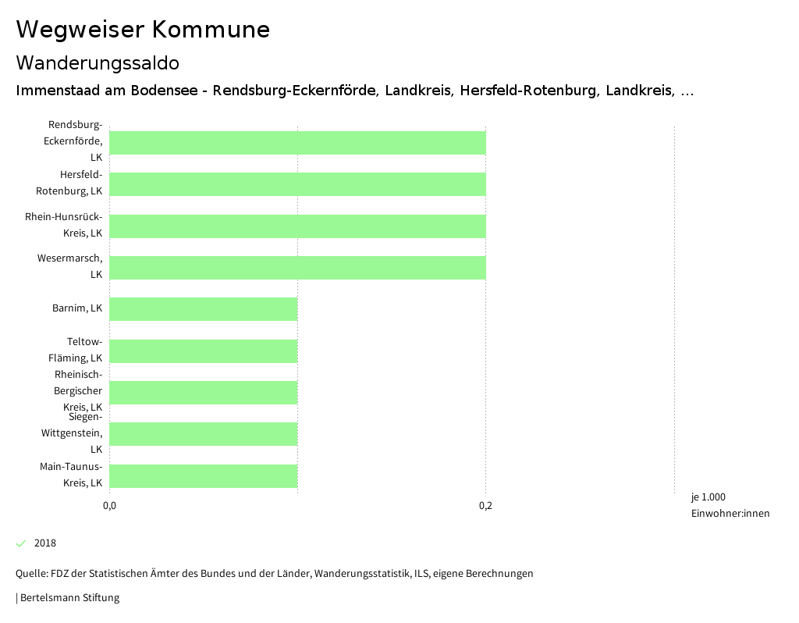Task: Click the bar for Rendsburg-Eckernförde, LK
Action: point(297,143)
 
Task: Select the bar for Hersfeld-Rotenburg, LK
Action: point(297,184)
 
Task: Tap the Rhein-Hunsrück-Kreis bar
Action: point(297,226)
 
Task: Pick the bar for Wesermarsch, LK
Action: point(297,268)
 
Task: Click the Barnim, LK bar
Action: point(204,309)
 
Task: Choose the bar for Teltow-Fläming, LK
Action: point(204,351)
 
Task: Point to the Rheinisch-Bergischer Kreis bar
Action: point(204,393)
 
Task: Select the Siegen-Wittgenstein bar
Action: point(204,434)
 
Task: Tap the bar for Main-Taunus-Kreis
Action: point(204,476)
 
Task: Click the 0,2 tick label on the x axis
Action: point(485,506)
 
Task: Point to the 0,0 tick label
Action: point(110,506)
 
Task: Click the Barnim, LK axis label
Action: point(77,308)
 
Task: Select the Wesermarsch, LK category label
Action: point(70,266)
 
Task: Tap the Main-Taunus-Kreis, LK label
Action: point(71,475)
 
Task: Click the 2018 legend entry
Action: point(44,543)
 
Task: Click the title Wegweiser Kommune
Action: point(143,30)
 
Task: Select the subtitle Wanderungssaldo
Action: point(98,62)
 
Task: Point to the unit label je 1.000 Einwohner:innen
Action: point(730,505)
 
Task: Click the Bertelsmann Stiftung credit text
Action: point(69,598)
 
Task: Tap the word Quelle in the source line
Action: point(30,574)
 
